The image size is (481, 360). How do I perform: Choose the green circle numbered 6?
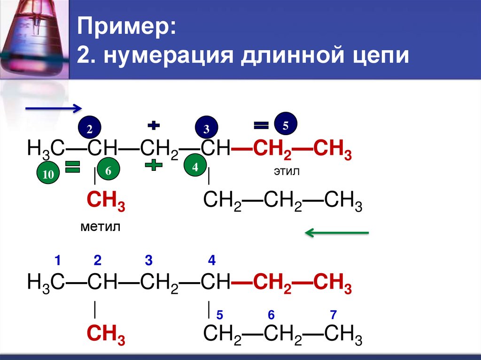tap(108, 171)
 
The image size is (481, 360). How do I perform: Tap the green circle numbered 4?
tap(194, 167)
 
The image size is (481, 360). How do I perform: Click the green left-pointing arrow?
tap(337, 232)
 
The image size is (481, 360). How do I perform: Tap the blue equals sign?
tap(261, 125)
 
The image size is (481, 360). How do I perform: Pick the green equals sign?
tap(73, 167)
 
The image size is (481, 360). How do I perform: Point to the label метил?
tap(100, 228)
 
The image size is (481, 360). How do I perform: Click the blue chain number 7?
tap(333, 314)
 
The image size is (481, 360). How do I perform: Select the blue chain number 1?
tap(57, 260)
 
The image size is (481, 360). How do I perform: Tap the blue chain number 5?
tap(218, 314)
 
